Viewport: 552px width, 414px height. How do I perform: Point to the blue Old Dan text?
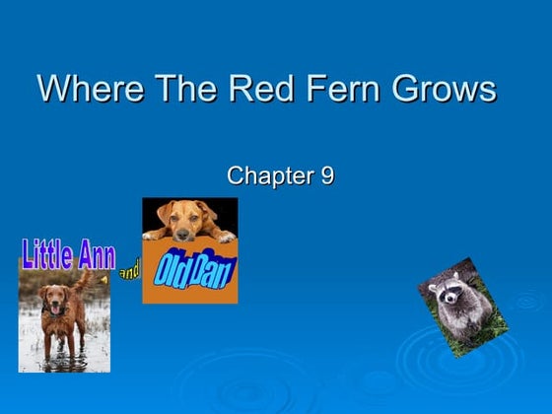click(x=194, y=269)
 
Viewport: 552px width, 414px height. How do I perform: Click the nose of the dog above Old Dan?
click(x=186, y=232)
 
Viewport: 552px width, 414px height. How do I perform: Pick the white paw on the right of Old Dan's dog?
click(x=225, y=237)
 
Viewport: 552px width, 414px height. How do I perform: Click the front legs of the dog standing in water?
click(x=53, y=340)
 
